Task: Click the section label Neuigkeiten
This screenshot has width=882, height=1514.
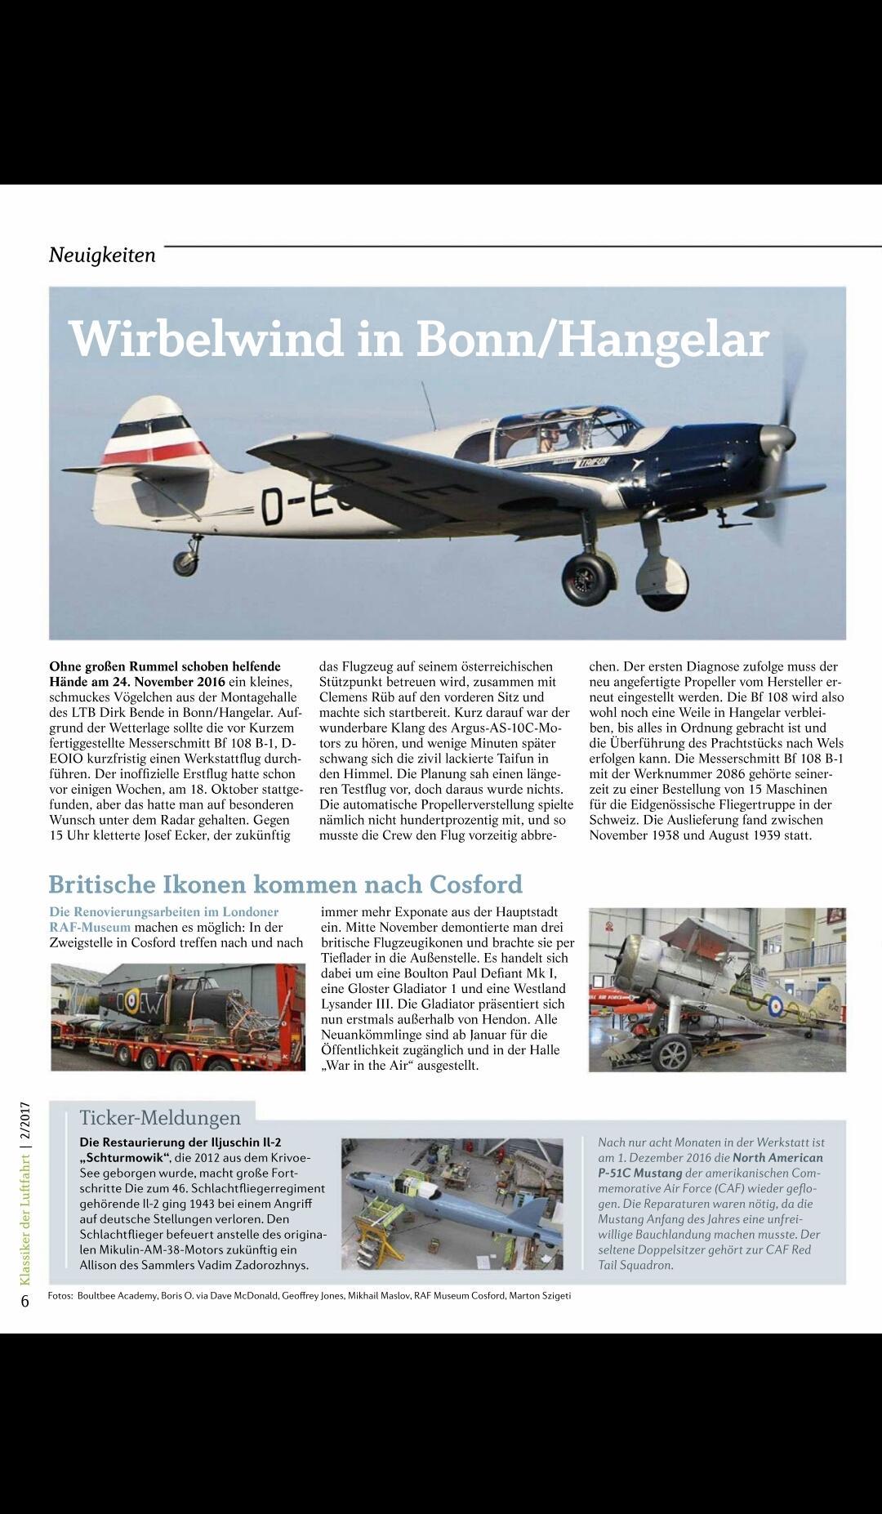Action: (102, 255)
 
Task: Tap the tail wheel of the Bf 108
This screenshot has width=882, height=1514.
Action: (185, 562)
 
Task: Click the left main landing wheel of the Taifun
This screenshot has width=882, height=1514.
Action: (587, 577)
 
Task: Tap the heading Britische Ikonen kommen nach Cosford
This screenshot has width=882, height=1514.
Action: (285, 884)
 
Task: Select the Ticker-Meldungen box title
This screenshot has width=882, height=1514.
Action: (159, 1117)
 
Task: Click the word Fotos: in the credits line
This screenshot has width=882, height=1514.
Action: (60, 1295)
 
